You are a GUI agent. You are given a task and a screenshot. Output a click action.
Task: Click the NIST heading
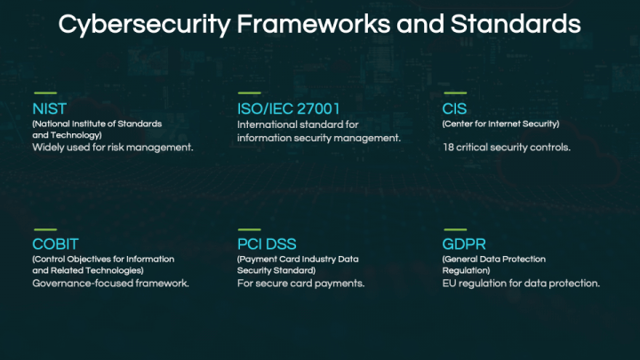coord(50,109)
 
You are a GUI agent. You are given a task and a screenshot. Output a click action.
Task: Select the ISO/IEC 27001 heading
coord(289,109)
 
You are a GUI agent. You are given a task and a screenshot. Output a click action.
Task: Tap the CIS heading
coord(454,109)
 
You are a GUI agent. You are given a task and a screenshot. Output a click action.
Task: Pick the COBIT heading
coord(55,244)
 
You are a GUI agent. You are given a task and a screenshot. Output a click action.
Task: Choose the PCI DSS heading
coord(267,244)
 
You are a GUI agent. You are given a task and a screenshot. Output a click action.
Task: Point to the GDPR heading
coord(464,244)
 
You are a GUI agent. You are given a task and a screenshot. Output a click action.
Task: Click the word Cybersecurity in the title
coord(145,25)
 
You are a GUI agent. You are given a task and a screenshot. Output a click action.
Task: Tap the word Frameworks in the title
coord(313,24)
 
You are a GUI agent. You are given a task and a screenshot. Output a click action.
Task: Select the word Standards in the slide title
coord(516,24)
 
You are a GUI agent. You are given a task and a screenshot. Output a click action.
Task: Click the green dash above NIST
coord(45,93)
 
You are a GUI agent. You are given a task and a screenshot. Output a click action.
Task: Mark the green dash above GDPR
coord(455,229)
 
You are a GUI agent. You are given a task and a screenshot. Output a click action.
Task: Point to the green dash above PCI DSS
coord(250,229)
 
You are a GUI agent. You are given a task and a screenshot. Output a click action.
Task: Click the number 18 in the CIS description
coord(448,148)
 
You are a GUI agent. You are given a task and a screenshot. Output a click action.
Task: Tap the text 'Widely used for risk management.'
coord(113,148)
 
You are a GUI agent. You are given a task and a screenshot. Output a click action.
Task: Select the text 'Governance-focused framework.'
coord(110,284)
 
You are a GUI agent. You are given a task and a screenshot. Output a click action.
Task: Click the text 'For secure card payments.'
coord(300,284)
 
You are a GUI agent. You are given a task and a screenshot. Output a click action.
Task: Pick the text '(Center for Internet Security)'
coord(500,124)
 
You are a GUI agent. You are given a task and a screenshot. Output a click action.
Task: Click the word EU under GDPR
coord(449,284)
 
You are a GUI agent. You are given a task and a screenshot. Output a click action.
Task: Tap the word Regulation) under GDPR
coord(466,270)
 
